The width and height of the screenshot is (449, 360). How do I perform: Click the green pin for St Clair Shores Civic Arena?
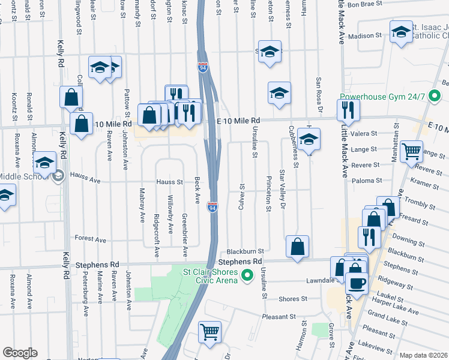pos(247,276)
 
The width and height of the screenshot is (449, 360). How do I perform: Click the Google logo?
pos(20,353)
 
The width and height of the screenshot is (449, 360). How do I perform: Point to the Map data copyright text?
pos(423,355)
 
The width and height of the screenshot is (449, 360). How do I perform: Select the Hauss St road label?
pos(169,181)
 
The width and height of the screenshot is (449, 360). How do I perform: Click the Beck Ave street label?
pos(197,189)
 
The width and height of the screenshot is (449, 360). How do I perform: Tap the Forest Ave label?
pos(91,239)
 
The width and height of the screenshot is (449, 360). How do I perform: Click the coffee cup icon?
pos(357,283)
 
